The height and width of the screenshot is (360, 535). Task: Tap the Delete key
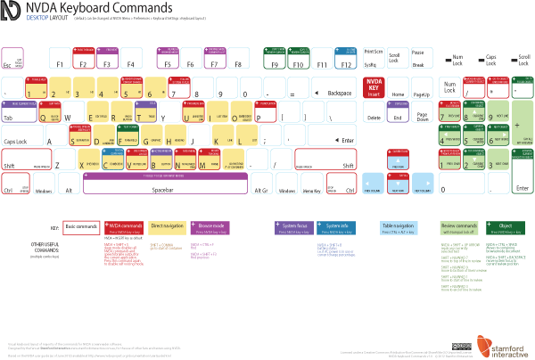tap(373, 115)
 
